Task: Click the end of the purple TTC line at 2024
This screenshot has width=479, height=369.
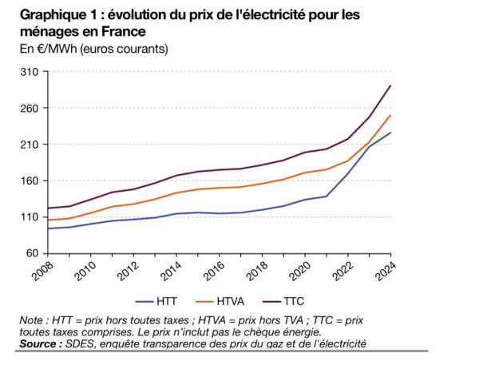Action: (390, 85)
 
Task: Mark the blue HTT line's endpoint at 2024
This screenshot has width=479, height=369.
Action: (390, 133)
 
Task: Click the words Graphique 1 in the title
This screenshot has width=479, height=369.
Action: (56, 15)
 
